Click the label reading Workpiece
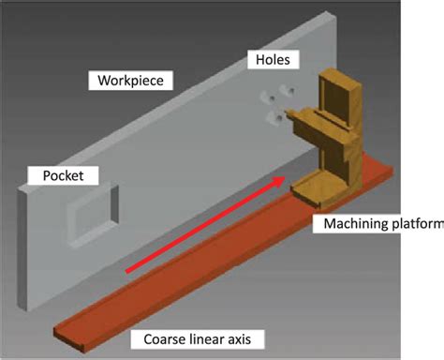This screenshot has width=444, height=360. [131, 81]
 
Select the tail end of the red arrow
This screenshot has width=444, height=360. [128, 272]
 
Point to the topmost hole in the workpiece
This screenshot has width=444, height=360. [286, 91]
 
